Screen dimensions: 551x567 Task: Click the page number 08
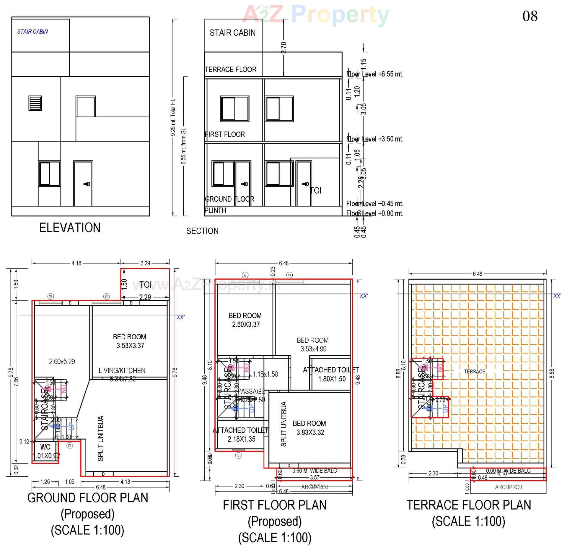click(530, 16)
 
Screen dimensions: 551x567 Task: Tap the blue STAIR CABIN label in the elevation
click(32, 32)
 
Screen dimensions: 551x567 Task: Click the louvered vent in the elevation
click(35, 103)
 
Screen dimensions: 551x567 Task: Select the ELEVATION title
click(70, 228)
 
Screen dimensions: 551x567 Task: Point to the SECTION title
click(202, 231)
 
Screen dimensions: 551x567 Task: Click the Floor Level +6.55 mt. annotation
click(374, 74)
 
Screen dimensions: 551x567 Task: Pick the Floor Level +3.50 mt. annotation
click(374, 139)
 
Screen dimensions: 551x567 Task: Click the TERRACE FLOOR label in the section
click(231, 69)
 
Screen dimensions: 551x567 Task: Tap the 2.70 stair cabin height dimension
click(283, 47)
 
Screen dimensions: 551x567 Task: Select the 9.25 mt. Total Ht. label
click(173, 117)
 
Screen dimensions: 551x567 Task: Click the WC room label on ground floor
click(45, 447)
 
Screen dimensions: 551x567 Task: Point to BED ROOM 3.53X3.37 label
click(130, 341)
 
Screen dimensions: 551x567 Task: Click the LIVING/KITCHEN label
click(122, 371)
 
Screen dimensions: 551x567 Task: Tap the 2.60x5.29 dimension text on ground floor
click(62, 362)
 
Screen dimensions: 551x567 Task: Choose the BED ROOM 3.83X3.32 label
click(309, 428)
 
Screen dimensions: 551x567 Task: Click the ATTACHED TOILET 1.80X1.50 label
click(331, 374)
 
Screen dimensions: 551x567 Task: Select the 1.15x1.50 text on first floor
click(265, 374)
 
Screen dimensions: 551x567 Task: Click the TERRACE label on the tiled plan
click(475, 372)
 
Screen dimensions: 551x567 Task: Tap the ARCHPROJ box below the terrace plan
click(508, 487)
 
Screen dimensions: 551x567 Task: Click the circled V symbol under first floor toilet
click(238, 456)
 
